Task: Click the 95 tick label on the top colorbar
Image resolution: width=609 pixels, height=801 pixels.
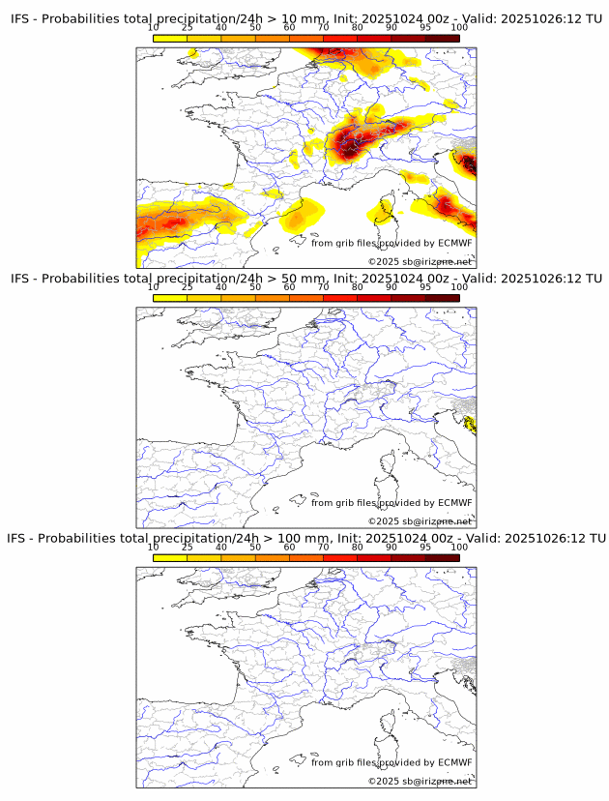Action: pyautogui.click(x=424, y=27)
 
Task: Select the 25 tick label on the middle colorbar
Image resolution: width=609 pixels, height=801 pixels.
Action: pyautogui.click(x=187, y=287)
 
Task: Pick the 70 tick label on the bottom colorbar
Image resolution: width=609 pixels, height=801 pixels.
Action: pyautogui.click(x=323, y=547)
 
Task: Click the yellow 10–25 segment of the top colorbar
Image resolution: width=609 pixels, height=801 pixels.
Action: pyautogui.click(x=170, y=38)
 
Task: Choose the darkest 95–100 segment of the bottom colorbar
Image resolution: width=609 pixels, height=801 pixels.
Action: pyautogui.click(x=442, y=557)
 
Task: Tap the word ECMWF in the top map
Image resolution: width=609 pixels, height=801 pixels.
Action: pyautogui.click(x=455, y=243)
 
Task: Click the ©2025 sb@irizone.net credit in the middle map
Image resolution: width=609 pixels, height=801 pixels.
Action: pyautogui.click(x=420, y=521)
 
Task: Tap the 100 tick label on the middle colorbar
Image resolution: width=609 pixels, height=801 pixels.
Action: pyautogui.click(x=459, y=287)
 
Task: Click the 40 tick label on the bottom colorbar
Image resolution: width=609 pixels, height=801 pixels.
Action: pyautogui.click(x=221, y=547)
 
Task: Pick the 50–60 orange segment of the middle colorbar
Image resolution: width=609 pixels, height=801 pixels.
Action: pyautogui.click(x=272, y=298)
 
